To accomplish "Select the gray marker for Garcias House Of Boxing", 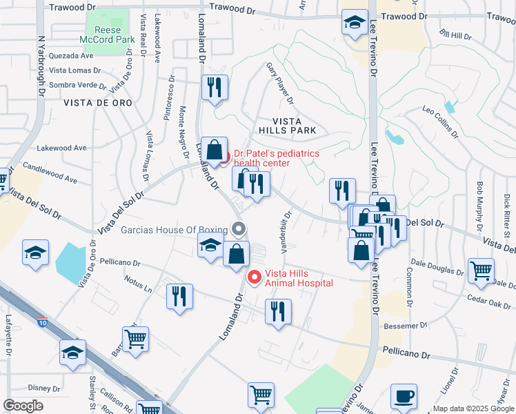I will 239,228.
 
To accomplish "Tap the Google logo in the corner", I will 23,406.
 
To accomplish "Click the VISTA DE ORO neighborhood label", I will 97,102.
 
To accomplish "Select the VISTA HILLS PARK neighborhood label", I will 287,124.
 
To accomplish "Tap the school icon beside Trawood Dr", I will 355,23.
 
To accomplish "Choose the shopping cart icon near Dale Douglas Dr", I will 481,270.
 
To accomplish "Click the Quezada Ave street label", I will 70,56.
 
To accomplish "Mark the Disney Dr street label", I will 45,388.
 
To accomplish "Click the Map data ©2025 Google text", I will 473,408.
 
